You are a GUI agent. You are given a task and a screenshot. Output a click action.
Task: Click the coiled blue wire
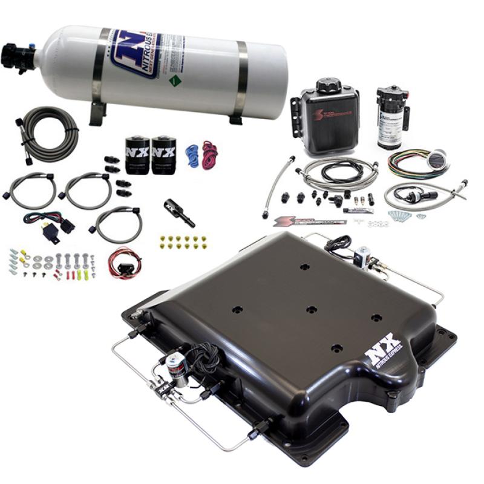pyautogui.click(x=192, y=155)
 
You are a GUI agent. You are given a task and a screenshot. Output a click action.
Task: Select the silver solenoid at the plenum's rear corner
pyautogui.click(x=363, y=255)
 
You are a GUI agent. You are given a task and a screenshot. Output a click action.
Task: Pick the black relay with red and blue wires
pyautogui.click(x=61, y=224)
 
